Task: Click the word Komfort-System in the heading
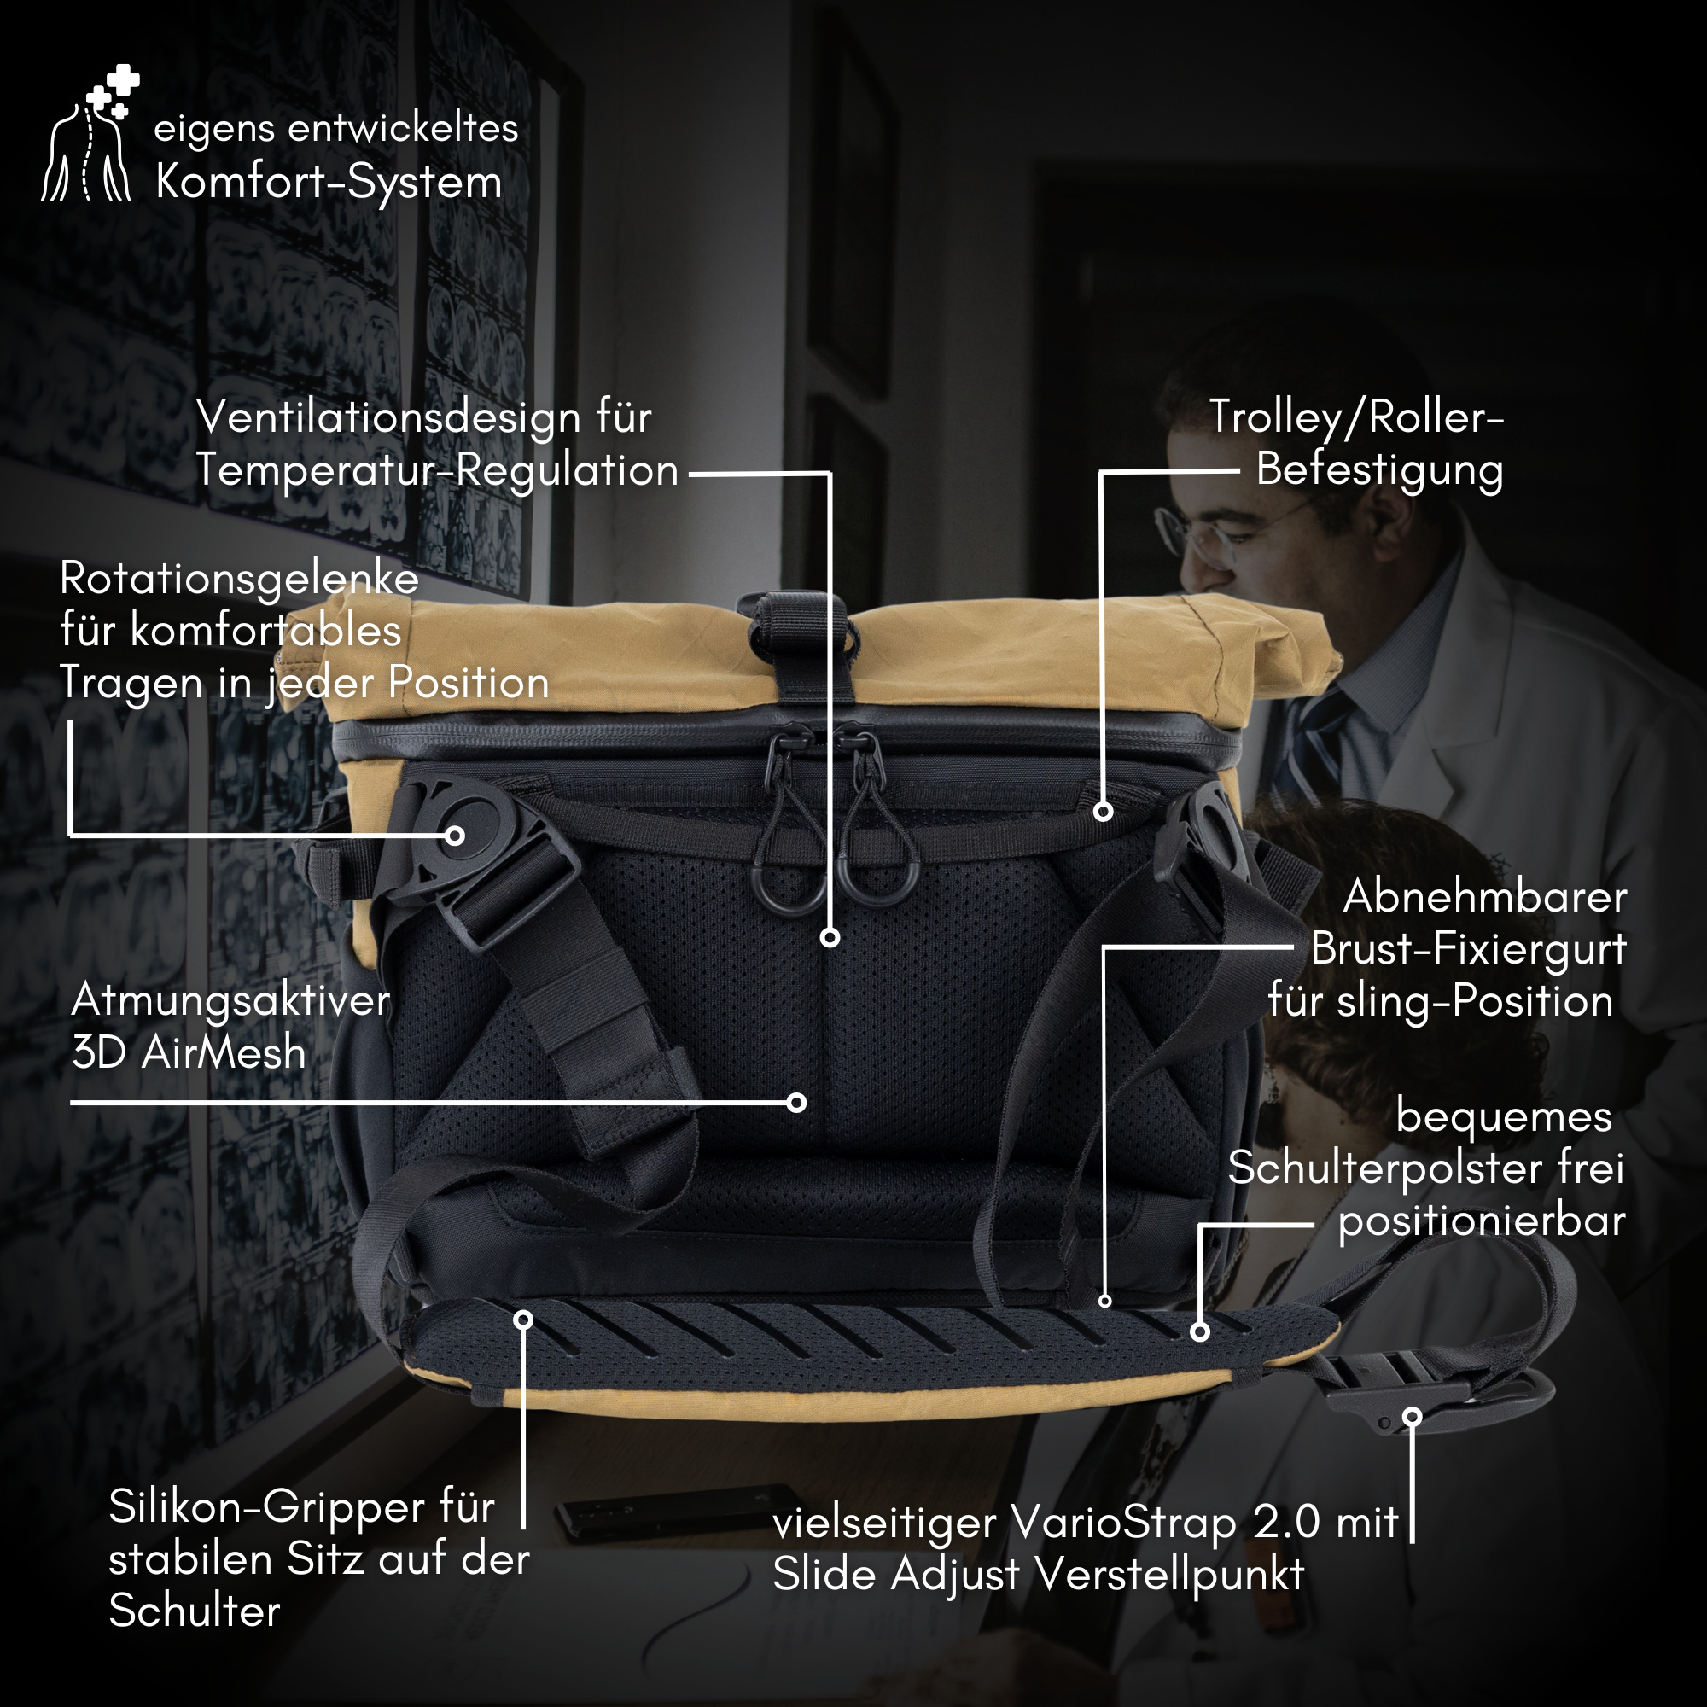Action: coord(329,183)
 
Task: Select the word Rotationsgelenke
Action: coord(240,580)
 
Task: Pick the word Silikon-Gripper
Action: coord(266,1507)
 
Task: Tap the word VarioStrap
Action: coord(1123,1523)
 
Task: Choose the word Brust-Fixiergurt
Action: coord(1467,949)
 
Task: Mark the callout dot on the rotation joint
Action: coord(455,835)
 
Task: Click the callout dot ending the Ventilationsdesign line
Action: coord(830,937)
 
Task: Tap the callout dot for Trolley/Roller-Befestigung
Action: coord(1103,811)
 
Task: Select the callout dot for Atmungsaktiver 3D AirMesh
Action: coord(796,1102)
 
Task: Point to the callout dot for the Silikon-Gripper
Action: coord(523,1320)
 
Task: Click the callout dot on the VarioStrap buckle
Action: coord(1412,1416)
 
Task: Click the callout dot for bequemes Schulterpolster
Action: coord(1199,1331)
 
